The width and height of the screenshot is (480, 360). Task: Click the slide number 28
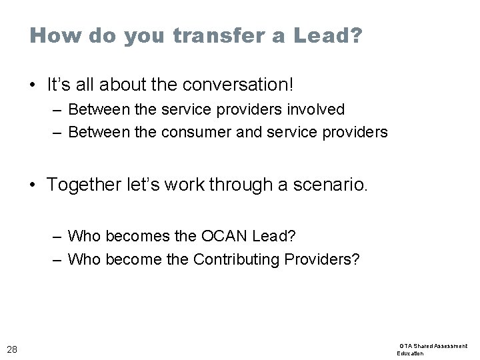click(12, 348)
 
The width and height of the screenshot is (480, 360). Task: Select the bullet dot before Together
click(33, 185)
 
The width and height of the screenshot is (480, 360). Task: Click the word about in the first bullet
click(118, 85)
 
